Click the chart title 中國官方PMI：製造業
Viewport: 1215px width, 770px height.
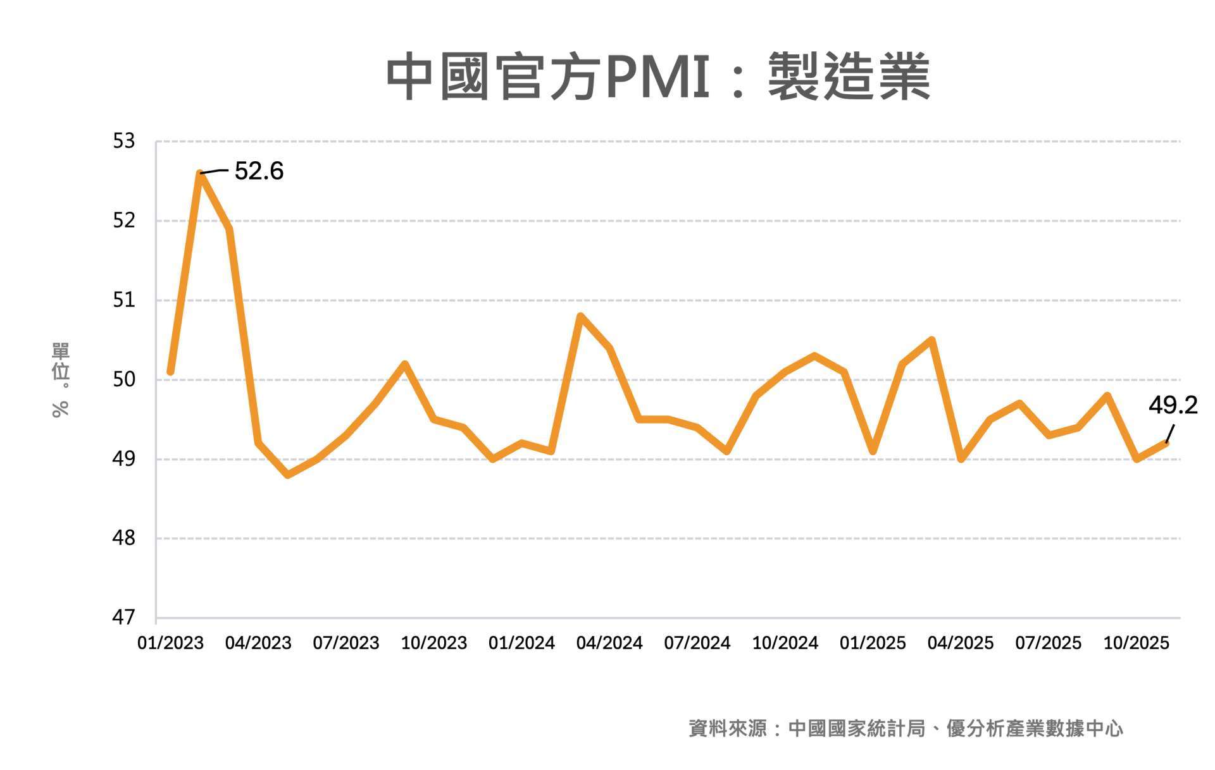pos(658,77)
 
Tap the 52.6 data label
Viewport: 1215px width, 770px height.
pos(259,171)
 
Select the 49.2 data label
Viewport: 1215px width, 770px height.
pos(1173,405)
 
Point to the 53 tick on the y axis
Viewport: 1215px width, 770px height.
pos(124,141)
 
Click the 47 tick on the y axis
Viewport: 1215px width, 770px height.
pos(124,617)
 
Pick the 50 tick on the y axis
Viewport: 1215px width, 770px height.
pos(124,379)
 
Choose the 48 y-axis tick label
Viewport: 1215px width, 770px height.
pos(124,538)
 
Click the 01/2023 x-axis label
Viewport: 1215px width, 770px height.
pos(170,643)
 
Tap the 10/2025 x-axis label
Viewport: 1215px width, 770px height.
pos(1136,643)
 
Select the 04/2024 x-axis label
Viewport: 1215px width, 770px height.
pos(609,643)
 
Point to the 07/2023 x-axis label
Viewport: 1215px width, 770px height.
pos(346,643)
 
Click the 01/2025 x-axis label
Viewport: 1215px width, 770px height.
pos(873,643)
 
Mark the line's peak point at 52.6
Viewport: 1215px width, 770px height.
pos(200,173)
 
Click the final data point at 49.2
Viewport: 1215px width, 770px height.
pos(1166,443)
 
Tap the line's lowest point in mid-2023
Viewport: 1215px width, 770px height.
pos(288,475)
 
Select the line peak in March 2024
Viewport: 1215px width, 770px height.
pos(580,315)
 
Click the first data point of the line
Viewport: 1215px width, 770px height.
pos(170,372)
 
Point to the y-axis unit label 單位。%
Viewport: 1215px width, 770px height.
pos(61,379)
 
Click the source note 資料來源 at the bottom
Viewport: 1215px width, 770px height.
pos(906,728)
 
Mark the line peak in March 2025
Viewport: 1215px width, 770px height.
pos(931,340)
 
